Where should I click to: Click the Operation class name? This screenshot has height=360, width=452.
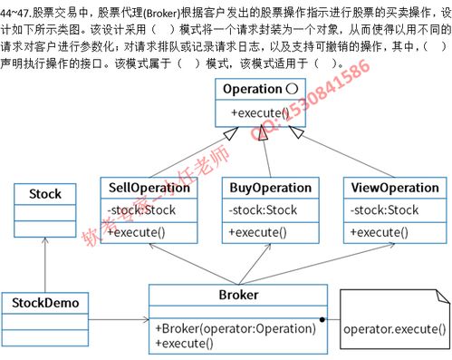coord(251,89)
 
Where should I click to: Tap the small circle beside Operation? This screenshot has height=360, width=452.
coord(292,89)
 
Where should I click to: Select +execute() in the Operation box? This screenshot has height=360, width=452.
coord(259,112)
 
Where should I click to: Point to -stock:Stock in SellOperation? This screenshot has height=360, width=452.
coord(141,210)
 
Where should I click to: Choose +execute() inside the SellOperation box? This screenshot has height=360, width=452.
coord(136,232)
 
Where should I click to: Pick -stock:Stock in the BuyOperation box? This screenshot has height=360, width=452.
coord(263,210)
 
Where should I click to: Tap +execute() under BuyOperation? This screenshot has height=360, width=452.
coord(257,232)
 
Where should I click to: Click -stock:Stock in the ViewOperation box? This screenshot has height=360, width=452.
coord(384,210)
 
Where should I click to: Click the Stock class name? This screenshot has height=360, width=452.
coord(45,194)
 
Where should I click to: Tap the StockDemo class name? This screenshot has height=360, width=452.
coord(45,302)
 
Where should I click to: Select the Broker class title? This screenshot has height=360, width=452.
coord(238,296)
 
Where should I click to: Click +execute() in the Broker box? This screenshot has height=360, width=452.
coord(184,343)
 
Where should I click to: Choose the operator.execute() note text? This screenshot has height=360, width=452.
coord(395,327)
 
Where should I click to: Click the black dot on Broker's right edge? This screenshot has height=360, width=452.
coord(322,319)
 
